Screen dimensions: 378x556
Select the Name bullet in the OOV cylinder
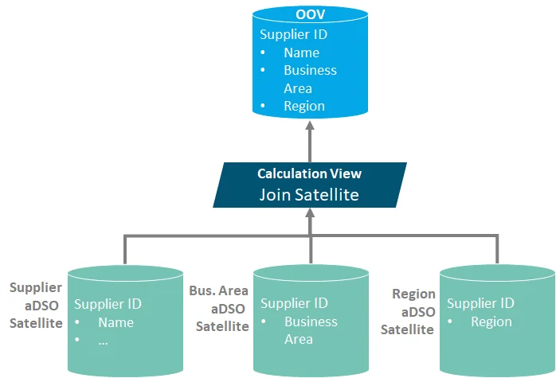[301, 53]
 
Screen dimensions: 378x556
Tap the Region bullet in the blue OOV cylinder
[304, 106]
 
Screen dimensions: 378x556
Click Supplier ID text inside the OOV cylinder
[293, 35]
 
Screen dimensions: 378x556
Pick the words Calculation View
[309, 173]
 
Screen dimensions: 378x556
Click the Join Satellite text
[309, 194]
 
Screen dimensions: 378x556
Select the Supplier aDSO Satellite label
[36, 305]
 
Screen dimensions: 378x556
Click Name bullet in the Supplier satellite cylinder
[116, 322]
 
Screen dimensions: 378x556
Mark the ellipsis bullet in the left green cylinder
[104, 341]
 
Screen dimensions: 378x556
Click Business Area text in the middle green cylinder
[311, 330]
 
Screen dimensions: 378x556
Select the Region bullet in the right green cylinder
[491, 321]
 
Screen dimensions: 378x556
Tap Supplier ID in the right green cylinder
[480, 303]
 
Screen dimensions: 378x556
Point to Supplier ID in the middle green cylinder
[294, 303]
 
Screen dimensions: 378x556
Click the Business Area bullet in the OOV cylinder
[310, 79]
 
